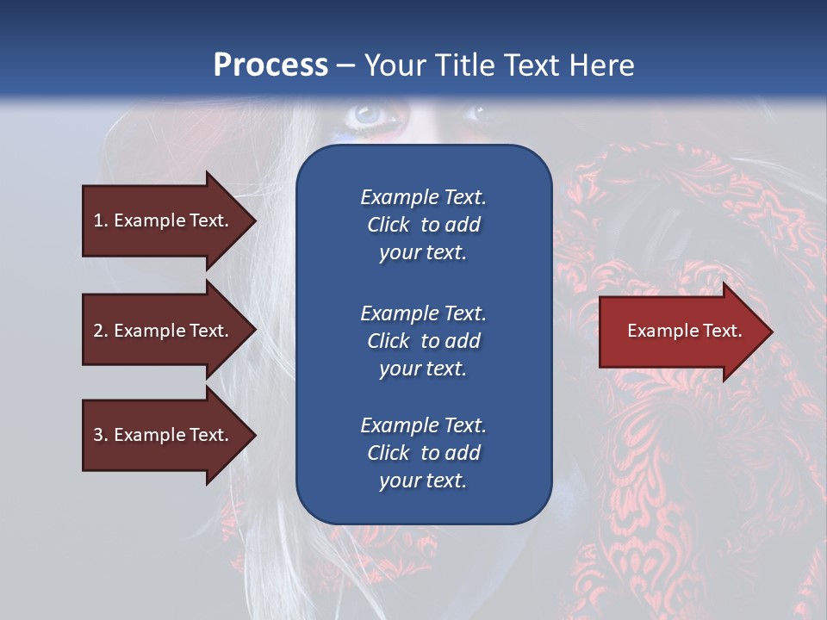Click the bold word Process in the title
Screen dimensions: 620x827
[x=270, y=65]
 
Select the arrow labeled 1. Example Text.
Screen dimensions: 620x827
[x=164, y=220]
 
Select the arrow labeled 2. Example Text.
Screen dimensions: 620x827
[x=164, y=331]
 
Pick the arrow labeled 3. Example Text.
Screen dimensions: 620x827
[x=164, y=435]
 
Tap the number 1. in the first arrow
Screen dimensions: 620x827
[x=101, y=220]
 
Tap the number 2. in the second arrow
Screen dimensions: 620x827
[x=101, y=331]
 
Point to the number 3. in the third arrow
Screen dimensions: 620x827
[x=101, y=435]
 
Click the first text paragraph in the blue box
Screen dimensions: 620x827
[x=423, y=225]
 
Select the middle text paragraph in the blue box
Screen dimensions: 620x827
[x=423, y=341]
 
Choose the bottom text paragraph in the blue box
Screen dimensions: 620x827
[x=423, y=453]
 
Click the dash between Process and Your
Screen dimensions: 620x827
[x=345, y=65]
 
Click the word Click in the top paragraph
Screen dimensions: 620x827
[x=388, y=225]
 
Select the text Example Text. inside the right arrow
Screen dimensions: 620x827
[x=684, y=331]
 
